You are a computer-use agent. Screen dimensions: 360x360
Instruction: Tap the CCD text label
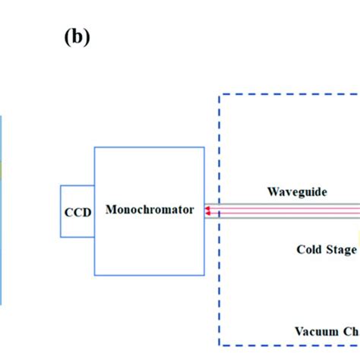[77, 213]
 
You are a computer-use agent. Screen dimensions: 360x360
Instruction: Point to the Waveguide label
[297, 192]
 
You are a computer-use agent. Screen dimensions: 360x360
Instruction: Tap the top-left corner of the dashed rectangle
[219, 95]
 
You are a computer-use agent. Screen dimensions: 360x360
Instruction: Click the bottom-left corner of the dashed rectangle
[219, 346]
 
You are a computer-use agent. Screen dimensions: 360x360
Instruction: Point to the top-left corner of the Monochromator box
[94, 147]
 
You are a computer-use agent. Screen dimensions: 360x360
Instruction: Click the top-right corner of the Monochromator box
[204, 147]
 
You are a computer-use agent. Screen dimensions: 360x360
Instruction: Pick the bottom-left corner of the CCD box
[62, 237]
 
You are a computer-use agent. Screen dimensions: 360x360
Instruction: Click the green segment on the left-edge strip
[1, 172]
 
